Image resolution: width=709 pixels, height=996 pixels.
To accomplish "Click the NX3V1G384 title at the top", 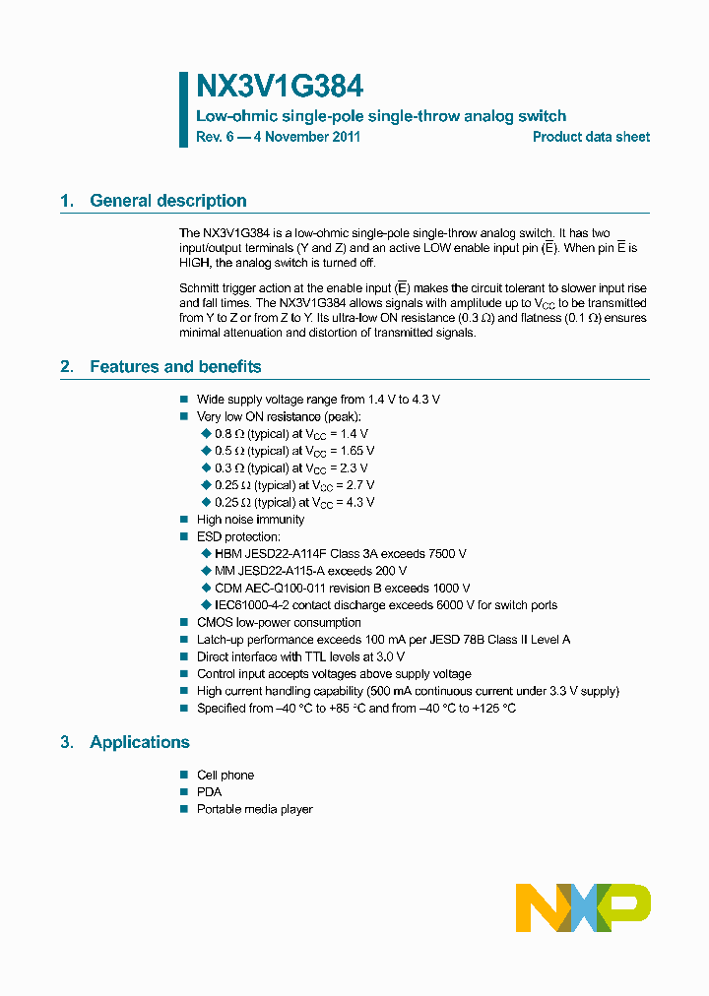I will pyautogui.click(x=280, y=87).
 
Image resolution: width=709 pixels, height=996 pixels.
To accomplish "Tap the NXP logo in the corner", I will pyautogui.click(x=583, y=906).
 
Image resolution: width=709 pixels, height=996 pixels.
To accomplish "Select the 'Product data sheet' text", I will pyautogui.click(x=591, y=137).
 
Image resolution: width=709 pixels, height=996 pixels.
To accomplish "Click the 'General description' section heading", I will pyautogui.click(x=167, y=201).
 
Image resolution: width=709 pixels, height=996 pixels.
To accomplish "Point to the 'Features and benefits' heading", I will pyautogui.click(x=175, y=367).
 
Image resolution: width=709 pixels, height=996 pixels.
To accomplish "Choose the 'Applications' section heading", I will pyautogui.click(x=140, y=742).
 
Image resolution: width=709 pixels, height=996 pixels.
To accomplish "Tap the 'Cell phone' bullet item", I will pyautogui.click(x=226, y=776).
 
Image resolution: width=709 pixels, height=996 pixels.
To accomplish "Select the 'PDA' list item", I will pyautogui.click(x=210, y=792).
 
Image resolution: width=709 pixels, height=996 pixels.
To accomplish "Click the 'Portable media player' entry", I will pyautogui.click(x=254, y=809).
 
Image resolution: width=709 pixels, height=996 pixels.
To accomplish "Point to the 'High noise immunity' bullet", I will pyautogui.click(x=250, y=520).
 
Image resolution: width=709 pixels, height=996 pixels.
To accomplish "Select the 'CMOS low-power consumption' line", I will pyautogui.click(x=279, y=623).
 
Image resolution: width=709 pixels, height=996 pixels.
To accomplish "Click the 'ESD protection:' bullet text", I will pyautogui.click(x=238, y=536).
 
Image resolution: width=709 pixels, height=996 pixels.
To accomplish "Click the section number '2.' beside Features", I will pyautogui.click(x=67, y=367).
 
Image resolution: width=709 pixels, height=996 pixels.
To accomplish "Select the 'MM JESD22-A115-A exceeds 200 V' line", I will pyautogui.click(x=310, y=571).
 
